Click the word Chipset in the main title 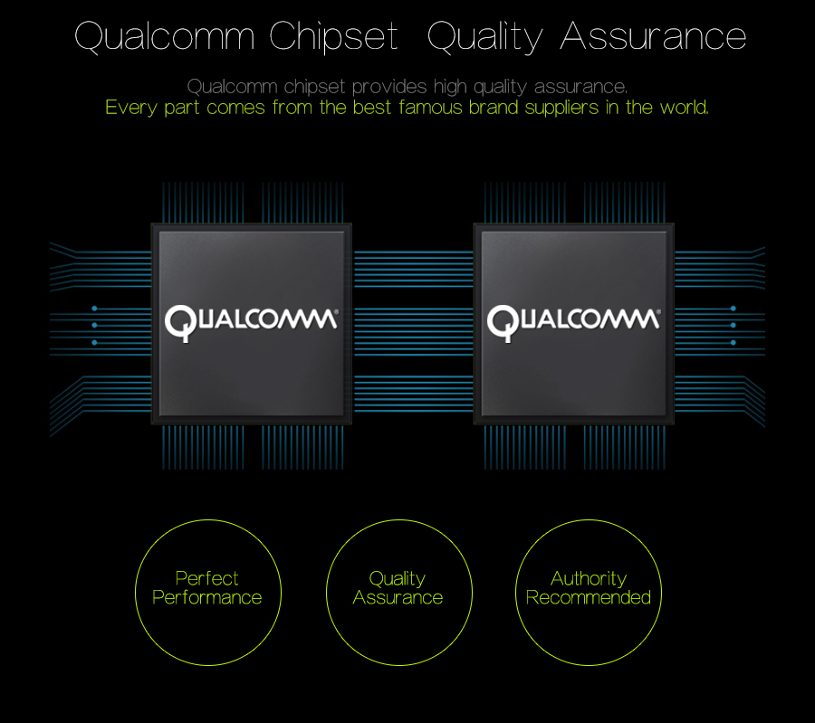tap(333, 36)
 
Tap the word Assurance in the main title tap(653, 36)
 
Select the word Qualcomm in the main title tap(165, 37)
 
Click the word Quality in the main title tap(484, 37)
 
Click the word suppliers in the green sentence tap(561, 109)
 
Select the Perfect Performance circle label tap(206, 588)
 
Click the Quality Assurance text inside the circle tap(398, 588)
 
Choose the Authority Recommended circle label tap(589, 588)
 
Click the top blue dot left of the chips tap(94, 309)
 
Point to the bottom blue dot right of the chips tap(733, 343)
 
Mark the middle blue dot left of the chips tap(94, 326)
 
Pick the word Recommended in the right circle tap(589, 598)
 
